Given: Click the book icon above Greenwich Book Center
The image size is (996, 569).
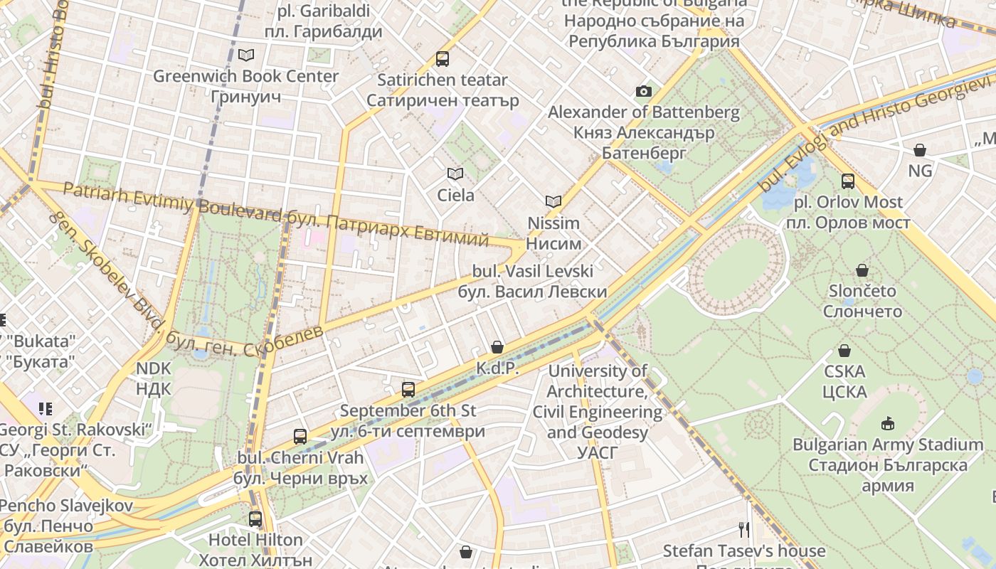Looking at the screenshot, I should (x=246, y=55).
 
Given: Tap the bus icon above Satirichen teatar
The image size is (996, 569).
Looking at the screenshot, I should (x=443, y=59).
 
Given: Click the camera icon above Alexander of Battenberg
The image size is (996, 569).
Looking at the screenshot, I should (x=643, y=91).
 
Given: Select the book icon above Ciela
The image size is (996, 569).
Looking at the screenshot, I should (x=455, y=174).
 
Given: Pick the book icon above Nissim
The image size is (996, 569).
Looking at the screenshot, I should (x=553, y=201).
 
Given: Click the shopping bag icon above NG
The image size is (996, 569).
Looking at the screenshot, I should (x=920, y=150).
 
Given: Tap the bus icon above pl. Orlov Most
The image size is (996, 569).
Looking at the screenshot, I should (x=847, y=181).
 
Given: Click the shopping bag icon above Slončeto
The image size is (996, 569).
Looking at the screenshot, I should (x=862, y=270).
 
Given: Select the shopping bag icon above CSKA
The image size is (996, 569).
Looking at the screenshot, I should (x=844, y=351).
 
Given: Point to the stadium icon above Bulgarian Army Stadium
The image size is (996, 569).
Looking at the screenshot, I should (x=888, y=424).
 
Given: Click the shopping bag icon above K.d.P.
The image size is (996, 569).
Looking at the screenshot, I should (x=497, y=347).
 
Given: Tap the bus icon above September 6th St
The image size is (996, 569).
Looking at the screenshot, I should (x=408, y=390).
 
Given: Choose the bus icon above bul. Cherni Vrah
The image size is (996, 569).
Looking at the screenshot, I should (x=300, y=437).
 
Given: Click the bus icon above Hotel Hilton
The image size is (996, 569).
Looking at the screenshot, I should (x=255, y=519).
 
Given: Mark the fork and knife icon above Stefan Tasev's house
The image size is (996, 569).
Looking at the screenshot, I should (x=744, y=530).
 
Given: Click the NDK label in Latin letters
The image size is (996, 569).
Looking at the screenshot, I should (x=154, y=368).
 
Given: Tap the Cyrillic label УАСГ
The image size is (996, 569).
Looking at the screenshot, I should (x=597, y=453).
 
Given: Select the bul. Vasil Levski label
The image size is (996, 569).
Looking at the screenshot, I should (x=532, y=271).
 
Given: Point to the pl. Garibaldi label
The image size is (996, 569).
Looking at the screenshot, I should (x=324, y=11).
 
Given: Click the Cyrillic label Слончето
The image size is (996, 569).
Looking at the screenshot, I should (x=862, y=312).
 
